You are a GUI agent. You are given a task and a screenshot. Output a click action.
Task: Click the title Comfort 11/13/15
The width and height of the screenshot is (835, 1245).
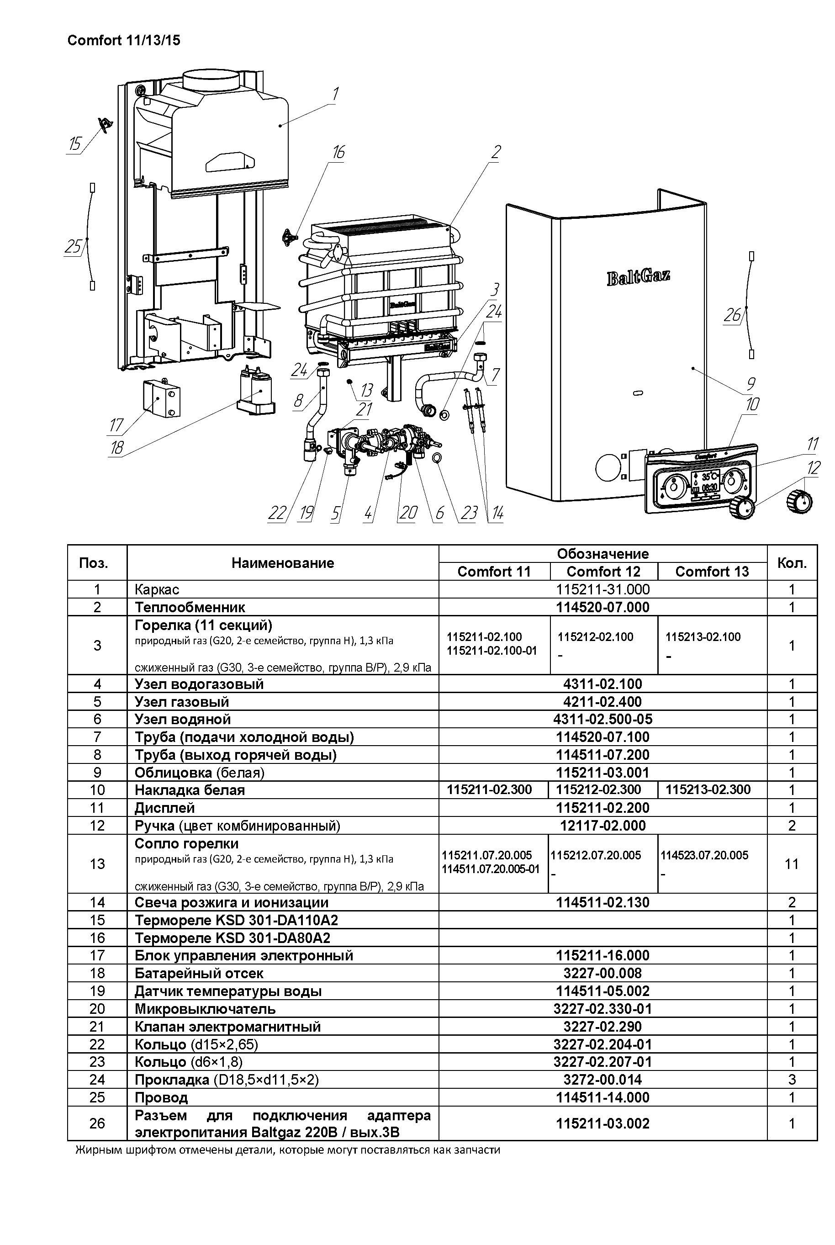123,41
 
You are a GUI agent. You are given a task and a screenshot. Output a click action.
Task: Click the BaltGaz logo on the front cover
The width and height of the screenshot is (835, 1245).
638,277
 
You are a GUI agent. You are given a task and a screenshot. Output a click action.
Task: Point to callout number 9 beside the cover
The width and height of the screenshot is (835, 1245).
751,383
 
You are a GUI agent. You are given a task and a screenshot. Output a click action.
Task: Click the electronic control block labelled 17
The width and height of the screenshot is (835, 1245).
161,398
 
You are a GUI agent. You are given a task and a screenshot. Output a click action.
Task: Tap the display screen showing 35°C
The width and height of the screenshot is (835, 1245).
705,482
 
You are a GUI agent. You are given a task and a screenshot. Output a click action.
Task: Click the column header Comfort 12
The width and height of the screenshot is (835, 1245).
603,572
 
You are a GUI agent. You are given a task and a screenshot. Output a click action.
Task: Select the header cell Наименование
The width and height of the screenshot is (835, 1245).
282,563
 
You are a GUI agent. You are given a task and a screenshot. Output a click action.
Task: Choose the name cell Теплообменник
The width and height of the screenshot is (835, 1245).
190,607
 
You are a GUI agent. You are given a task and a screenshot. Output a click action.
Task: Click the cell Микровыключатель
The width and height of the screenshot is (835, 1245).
205,1009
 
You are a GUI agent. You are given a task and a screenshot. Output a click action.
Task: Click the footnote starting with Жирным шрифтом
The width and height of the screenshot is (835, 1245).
288,1150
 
